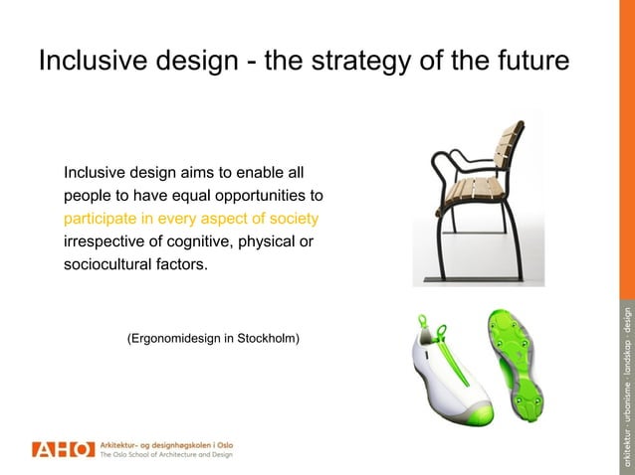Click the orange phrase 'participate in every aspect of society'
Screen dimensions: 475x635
coord(191,218)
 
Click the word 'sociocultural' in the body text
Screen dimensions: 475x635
coord(109,265)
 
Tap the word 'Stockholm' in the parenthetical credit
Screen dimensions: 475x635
coord(267,339)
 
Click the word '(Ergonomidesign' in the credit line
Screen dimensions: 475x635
coord(174,339)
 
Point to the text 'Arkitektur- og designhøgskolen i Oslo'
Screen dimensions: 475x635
coord(166,442)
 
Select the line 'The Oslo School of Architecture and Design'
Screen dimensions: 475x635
coord(166,455)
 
